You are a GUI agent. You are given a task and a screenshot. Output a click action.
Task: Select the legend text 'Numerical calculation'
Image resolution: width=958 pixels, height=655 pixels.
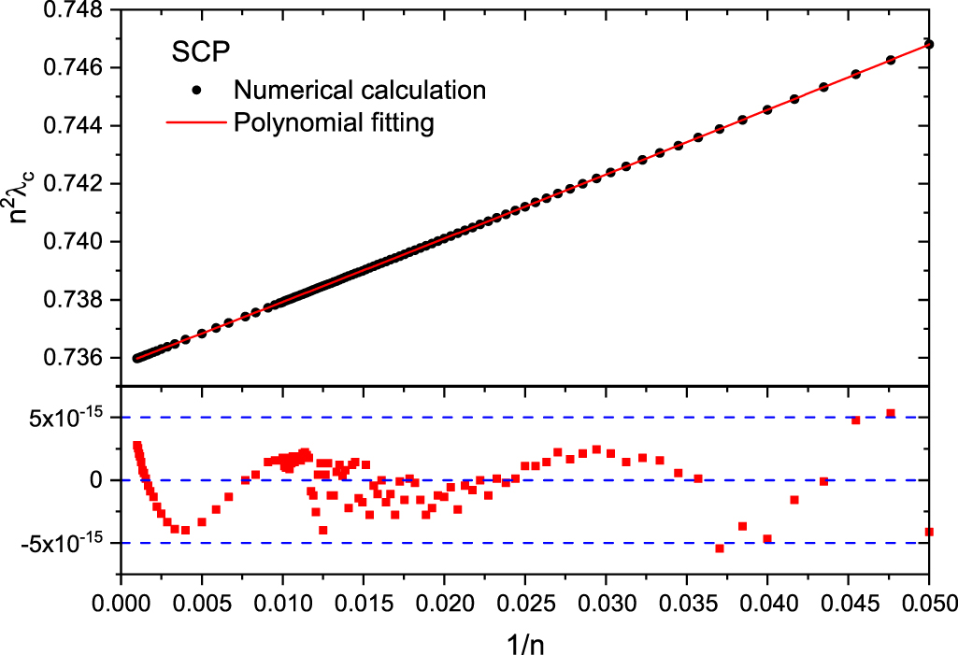(360, 90)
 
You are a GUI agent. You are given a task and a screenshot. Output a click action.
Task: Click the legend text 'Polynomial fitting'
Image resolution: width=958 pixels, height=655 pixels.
(334, 123)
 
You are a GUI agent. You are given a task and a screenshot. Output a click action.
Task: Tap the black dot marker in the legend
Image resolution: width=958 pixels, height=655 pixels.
(196, 91)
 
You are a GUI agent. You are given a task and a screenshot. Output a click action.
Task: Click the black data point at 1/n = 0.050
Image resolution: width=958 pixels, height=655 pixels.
(929, 44)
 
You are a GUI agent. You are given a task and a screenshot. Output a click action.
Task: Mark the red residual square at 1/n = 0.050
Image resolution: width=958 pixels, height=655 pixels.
(929, 532)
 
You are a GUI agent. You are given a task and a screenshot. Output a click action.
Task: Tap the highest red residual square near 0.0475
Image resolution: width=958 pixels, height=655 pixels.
(891, 413)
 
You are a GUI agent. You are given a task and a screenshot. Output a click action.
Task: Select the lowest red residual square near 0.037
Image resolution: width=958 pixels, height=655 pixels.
(720, 548)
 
